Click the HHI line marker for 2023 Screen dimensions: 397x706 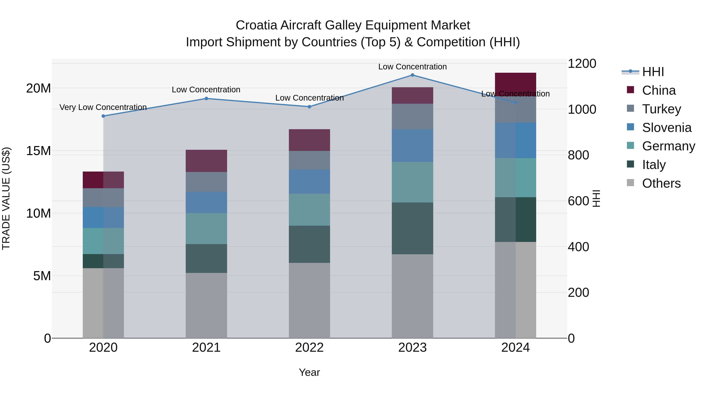coord(412,75)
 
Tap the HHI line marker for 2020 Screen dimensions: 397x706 coord(103,116)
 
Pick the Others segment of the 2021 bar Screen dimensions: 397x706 coord(206,305)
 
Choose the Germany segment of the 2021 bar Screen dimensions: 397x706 coord(206,229)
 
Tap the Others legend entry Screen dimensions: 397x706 coord(661,183)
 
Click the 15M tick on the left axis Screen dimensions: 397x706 coord(38,151)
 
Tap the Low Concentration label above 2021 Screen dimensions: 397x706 coord(206,90)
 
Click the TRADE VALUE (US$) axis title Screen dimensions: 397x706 coord(6,198)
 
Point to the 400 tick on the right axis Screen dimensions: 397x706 coord(578,247)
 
